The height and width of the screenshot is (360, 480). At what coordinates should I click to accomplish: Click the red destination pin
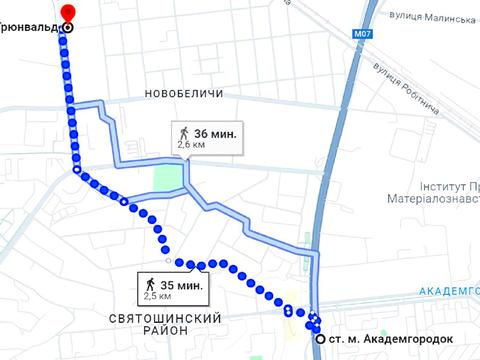click(x=66, y=11)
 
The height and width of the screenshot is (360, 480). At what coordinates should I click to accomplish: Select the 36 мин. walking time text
click(x=216, y=132)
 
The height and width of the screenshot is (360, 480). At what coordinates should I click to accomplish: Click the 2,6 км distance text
click(x=193, y=145)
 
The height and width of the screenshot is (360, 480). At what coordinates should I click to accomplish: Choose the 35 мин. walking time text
click(x=182, y=284)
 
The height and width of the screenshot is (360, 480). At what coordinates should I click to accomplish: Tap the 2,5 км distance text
click(x=159, y=297)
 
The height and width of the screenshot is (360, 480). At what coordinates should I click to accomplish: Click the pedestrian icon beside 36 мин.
click(x=184, y=132)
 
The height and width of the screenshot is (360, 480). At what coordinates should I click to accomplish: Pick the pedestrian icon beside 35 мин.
click(x=150, y=284)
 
